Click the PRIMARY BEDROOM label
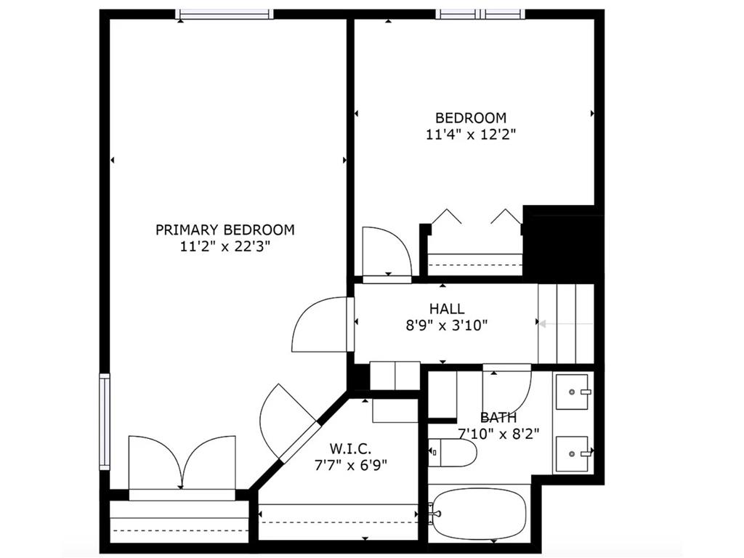click(225, 230)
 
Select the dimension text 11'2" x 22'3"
click(225, 246)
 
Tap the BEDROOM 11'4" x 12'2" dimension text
click(471, 134)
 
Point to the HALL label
click(446, 309)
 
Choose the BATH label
click(498, 418)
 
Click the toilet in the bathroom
click(452, 453)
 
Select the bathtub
click(479, 514)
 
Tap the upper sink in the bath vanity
click(573, 392)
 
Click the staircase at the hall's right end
click(566, 323)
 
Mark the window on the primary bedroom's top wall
click(225, 14)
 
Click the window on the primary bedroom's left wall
click(105, 421)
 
